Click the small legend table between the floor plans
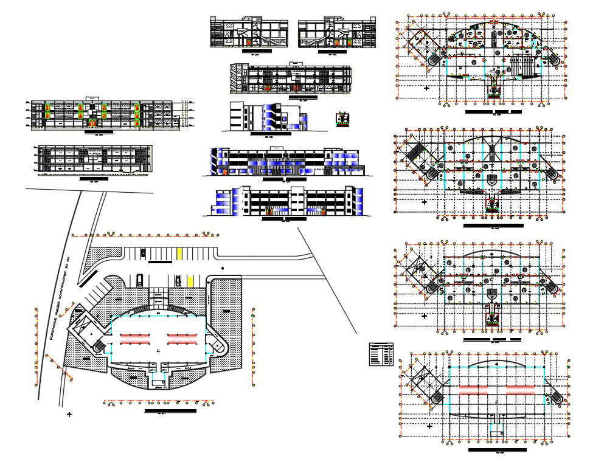click(381, 354)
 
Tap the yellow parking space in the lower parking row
click(190, 280)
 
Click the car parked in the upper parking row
click(144, 252)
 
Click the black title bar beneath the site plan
click(162, 412)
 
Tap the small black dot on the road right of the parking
click(223, 267)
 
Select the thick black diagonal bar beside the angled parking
click(88, 277)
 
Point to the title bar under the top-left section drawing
click(98, 131)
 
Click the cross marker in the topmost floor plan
click(426, 88)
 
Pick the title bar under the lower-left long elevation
click(94, 179)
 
